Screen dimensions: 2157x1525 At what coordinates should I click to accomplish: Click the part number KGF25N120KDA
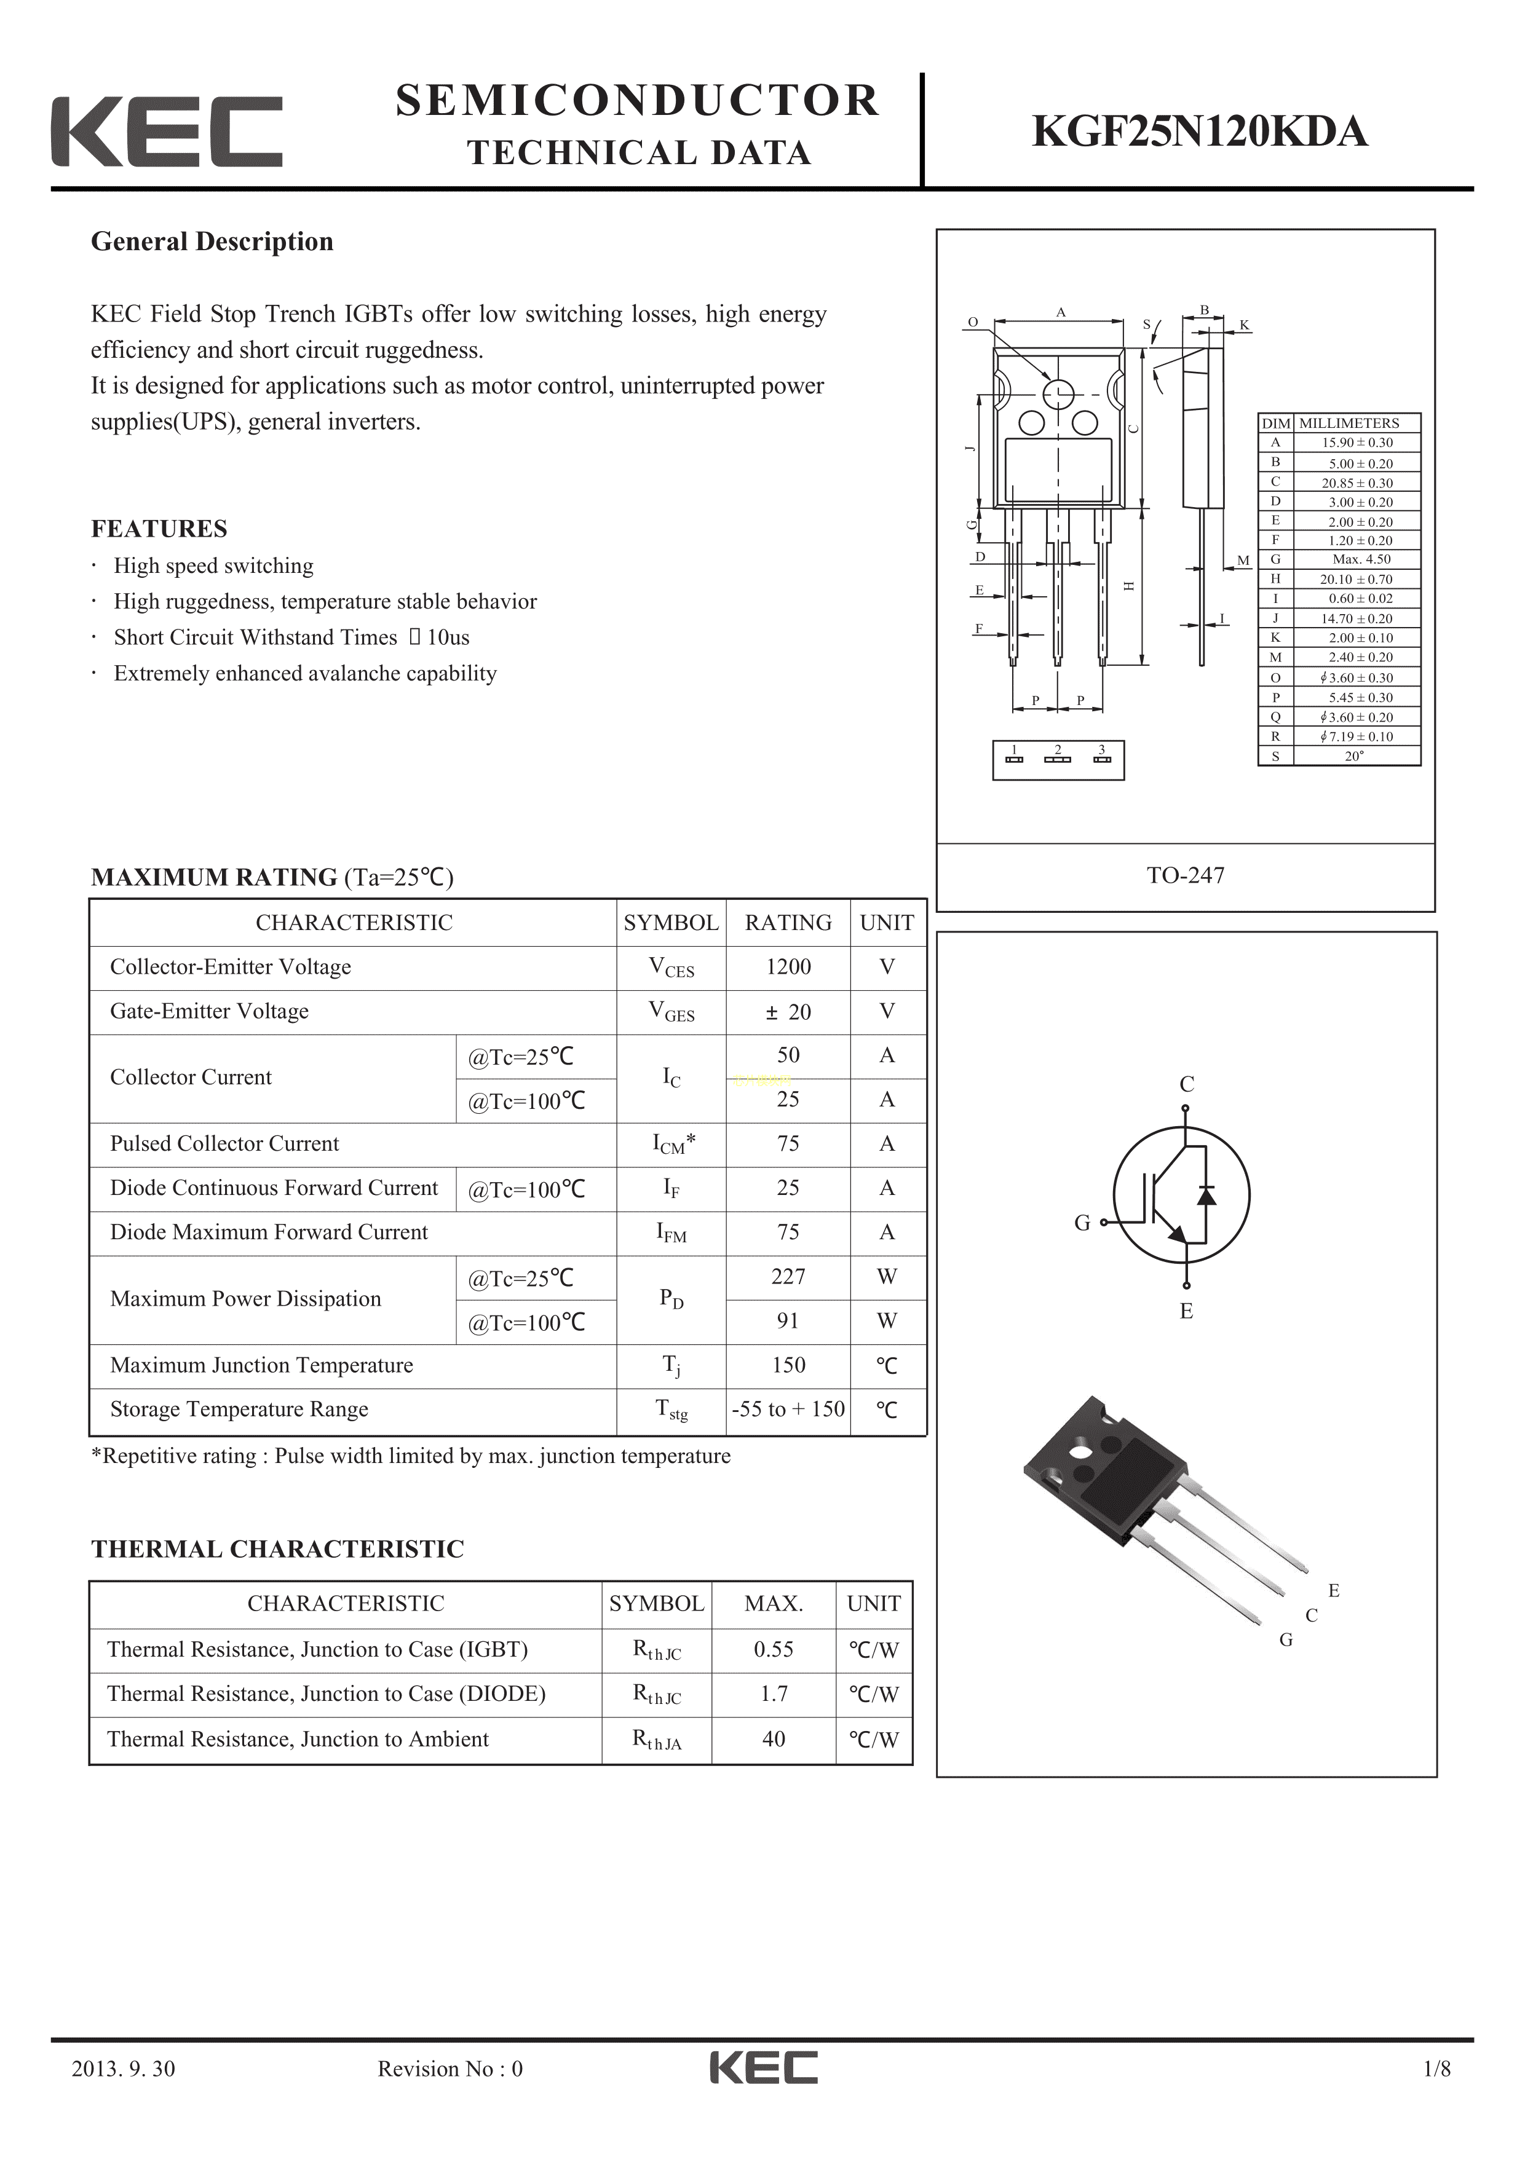coord(1199,132)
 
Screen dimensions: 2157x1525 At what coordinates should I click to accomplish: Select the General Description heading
coord(212,242)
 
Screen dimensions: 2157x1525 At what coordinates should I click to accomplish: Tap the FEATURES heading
coord(159,529)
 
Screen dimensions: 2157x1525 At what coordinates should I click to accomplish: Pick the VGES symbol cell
coord(671,1012)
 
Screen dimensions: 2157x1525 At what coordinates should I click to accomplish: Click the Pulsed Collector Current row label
coord(224,1143)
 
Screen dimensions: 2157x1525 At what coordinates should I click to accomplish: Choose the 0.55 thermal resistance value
coord(774,1649)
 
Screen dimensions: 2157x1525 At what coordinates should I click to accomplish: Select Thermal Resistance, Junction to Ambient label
coord(297,1739)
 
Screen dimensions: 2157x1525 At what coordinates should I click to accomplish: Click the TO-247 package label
coord(1185,875)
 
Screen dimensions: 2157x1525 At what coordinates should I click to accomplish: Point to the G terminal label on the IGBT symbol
coord(1082,1222)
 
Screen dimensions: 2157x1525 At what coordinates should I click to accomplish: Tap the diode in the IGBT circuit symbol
coord(1206,1195)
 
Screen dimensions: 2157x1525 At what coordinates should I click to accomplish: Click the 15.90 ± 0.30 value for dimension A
coord(1356,443)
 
